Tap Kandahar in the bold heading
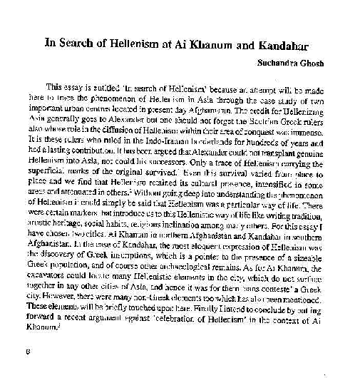(x=278, y=43)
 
